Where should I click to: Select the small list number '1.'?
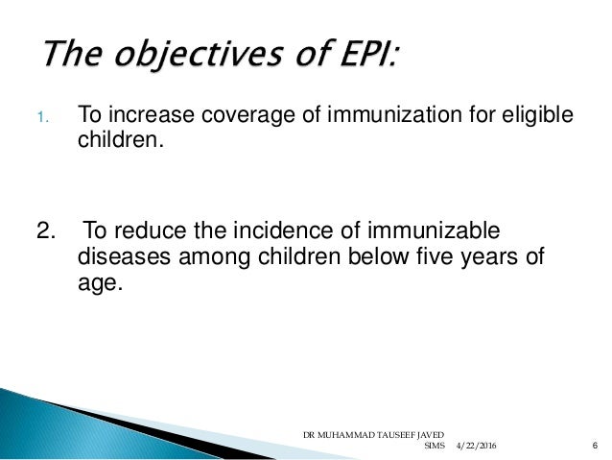click(x=41, y=119)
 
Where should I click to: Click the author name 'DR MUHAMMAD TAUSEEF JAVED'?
click(x=371, y=434)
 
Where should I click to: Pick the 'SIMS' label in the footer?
click(x=437, y=448)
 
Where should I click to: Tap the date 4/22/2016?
click(x=476, y=448)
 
